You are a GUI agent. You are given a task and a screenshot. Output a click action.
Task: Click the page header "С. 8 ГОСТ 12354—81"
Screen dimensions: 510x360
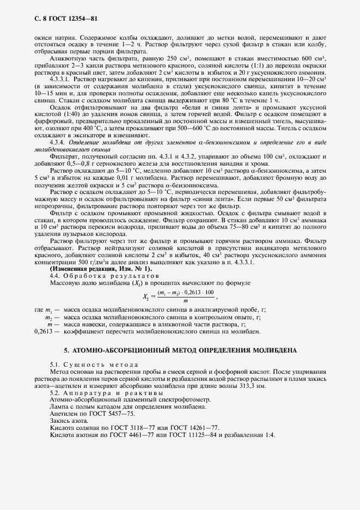[x=58, y=19]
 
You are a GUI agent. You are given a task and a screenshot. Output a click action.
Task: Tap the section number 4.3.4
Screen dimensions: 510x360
[x=58, y=142]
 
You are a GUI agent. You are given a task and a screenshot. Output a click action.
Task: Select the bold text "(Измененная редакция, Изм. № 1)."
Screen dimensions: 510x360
[x=101, y=254]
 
